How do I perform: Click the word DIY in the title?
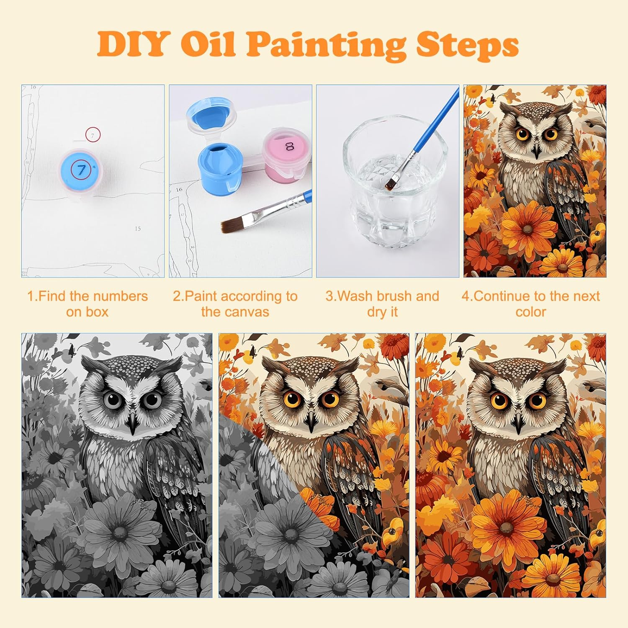click(x=133, y=44)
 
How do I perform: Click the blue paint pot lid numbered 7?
click(x=80, y=170)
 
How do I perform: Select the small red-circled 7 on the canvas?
click(x=93, y=135)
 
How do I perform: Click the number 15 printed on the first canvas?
click(x=138, y=229)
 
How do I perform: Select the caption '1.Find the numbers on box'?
click(x=87, y=304)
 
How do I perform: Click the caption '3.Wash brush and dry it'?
click(x=382, y=304)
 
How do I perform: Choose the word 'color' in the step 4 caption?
click(x=531, y=312)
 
